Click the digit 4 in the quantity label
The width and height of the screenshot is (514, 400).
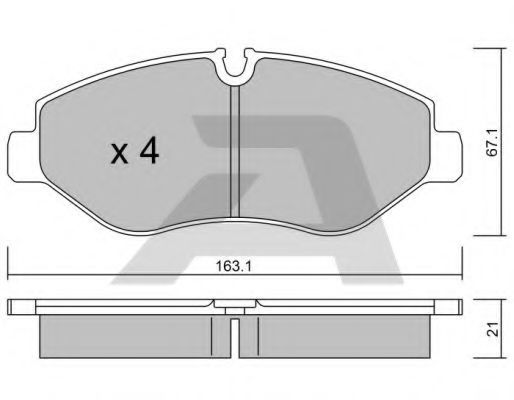pyautogui.click(x=151, y=151)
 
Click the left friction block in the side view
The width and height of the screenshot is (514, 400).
pyautogui.click(x=130, y=330)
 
